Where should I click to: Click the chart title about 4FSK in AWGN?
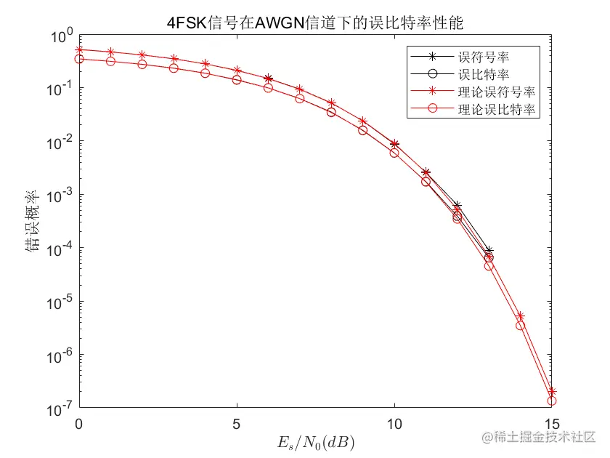coord(314,23)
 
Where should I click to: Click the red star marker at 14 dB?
coord(520,316)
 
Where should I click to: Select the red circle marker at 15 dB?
coord(551,401)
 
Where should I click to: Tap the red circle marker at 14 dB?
coord(520,326)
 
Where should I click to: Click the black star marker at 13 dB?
coord(489,251)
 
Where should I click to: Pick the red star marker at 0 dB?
coord(79,50)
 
